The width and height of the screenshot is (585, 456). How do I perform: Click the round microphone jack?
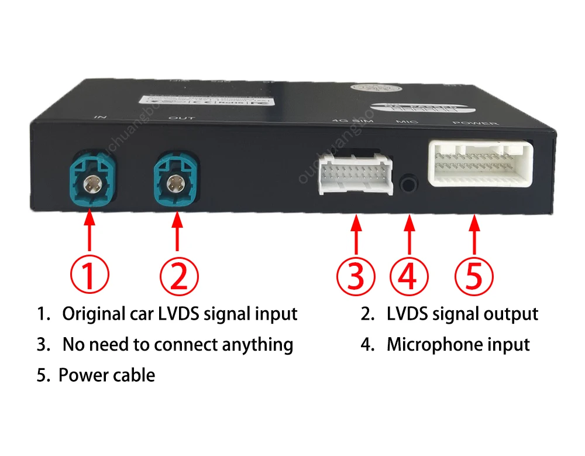[410, 183]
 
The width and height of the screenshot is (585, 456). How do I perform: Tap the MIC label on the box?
[404, 122]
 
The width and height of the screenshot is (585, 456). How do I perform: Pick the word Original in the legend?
[92, 314]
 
